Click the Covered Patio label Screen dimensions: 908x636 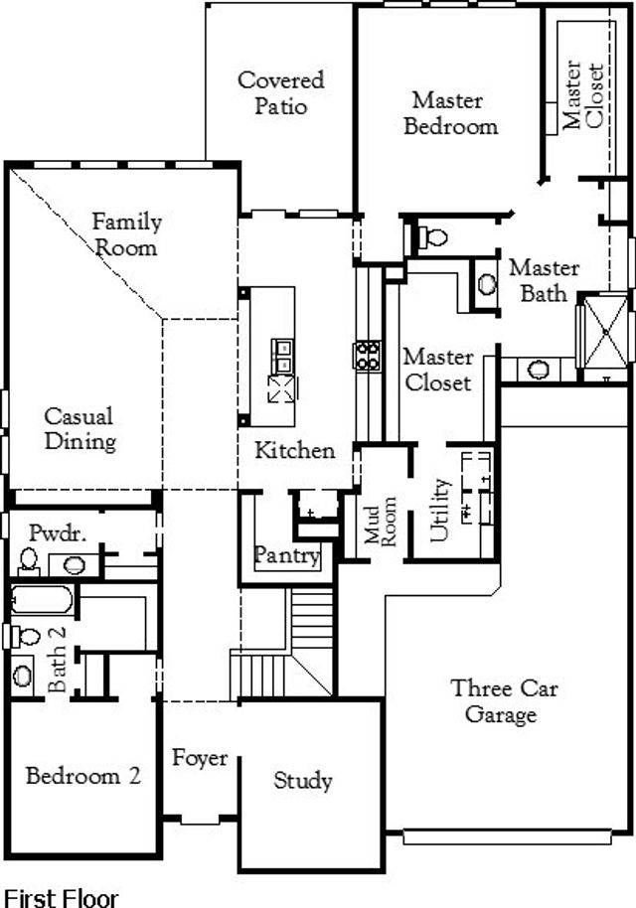pos(280,92)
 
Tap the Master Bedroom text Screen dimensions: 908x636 pos(450,113)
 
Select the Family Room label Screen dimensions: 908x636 pos(125,233)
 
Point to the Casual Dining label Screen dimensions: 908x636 pos(79,429)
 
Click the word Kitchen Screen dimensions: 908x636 pos(295,450)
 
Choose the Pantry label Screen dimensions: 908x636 pos(286,554)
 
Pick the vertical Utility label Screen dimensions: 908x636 pos(440,511)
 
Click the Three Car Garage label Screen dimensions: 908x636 pos(493,700)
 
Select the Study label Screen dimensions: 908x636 pos(303,781)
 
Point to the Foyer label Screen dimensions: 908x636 pos(200,758)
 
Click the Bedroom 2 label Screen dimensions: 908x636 pos(82,776)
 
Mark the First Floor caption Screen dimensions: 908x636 pos(62,898)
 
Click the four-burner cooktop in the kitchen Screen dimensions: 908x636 pos(367,356)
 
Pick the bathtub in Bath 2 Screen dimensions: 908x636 pos(42,600)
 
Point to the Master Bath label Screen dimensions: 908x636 pos(544,280)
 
